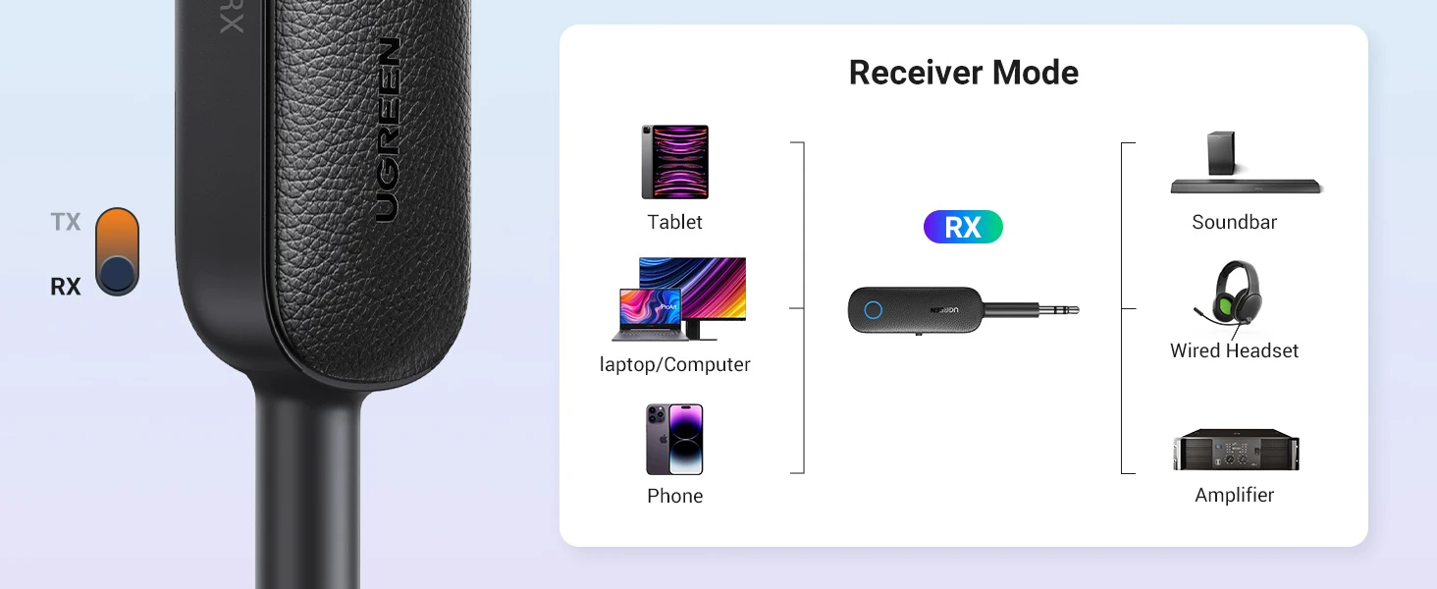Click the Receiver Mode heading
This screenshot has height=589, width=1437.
tap(964, 73)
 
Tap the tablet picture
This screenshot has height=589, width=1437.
tap(675, 162)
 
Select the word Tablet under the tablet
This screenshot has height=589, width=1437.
tap(675, 222)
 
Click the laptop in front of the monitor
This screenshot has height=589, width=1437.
tap(649, 315)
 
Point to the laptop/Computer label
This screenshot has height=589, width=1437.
tap(675, 364)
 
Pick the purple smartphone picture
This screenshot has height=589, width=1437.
tap(675, 440)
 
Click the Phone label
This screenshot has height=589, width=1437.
tap(675, 496)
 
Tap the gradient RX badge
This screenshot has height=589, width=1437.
tap(963, 227)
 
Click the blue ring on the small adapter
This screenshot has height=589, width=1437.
tap(874, 310)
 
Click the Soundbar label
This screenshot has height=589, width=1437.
tap(1234, 222)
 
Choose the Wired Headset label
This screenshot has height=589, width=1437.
tap(1234, 351)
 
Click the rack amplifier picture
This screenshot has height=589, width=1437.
tap(1236, 450)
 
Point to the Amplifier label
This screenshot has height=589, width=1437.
tap(1234, 496)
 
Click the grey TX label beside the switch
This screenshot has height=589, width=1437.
tap(66, 222)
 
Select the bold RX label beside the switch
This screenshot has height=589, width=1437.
tap(66, 287)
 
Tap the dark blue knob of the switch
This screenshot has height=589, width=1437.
tap(118, 274)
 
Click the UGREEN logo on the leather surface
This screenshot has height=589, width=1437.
tap(388, 130)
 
